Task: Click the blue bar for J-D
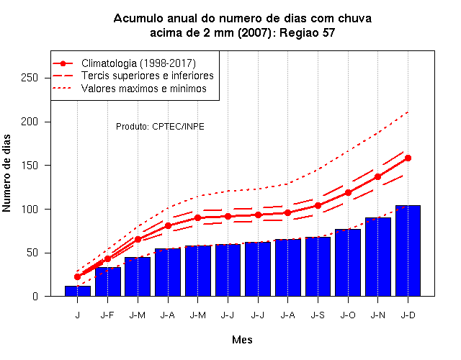[408, 251]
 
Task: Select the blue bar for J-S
[318, 266]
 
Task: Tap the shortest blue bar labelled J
[78, 291]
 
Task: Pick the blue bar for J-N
[377, 257]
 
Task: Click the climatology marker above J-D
[408, 158]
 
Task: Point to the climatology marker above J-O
[348, 192]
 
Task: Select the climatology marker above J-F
[107, 259]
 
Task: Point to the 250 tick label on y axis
[30, 78]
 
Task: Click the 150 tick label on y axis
[30, 165]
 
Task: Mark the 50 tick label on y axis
[32, 253]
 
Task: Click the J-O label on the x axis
[348, 315]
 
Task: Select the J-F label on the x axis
[107, 315]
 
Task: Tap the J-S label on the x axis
[318, 315]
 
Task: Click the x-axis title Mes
[242, 340]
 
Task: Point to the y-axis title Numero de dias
[6, 173]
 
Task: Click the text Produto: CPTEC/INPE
[160, 127]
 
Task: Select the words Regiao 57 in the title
[308, 32]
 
